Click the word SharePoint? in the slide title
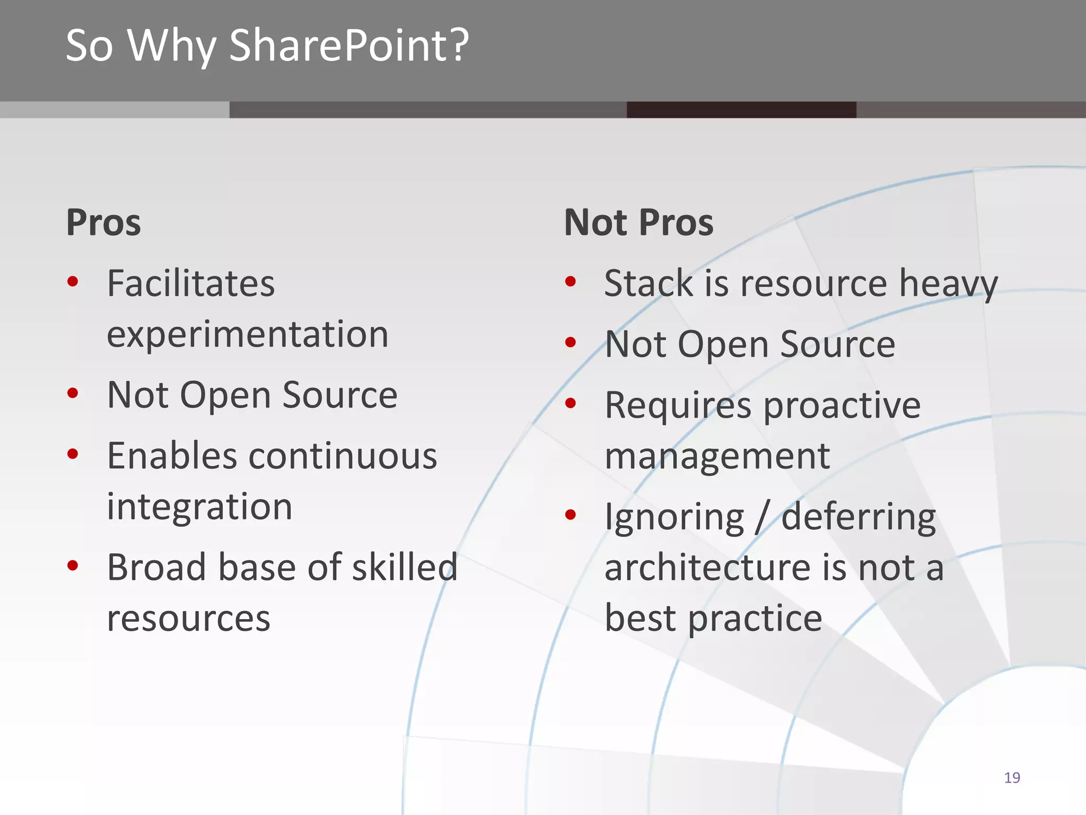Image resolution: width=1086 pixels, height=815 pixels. tap(349, 46)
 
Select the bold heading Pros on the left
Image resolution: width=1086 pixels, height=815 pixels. tap(103, 222)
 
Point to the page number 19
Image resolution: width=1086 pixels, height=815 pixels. tap(1012, 778)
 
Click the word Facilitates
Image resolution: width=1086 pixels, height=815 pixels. tap(191, 283)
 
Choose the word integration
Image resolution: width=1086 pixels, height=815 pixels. tap(199, 507)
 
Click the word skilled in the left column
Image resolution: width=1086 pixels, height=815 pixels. tap(405, 567)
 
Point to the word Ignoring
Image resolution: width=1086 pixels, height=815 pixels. tap(675, 518)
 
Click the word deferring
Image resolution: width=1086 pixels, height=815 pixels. tap(859, 518)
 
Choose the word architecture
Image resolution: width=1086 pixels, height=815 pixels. tap(707, 568)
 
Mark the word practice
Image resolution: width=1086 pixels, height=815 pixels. tap(755, 619)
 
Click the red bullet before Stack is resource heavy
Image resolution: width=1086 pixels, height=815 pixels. tap(571, 281)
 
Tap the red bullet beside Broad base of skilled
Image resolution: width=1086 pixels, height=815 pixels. tap(73, 566)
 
